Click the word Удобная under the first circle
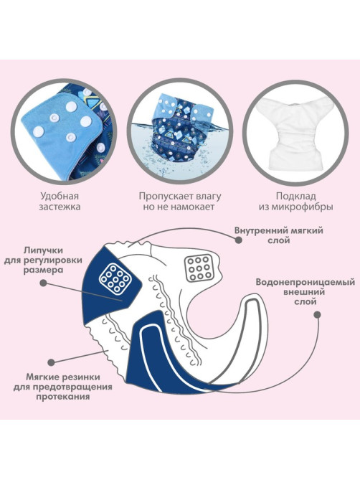(x=60, y=196)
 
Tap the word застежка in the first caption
(x=60, y=207)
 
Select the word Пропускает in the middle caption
(x=161, y=196)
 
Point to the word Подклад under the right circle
(x=295, y=196)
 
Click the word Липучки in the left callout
(x=43, y=250)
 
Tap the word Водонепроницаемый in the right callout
(x=305, y=282)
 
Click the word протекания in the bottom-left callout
(x=62, y=397)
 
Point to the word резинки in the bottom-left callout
(x=80, y=377)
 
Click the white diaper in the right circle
(x=296, y=131)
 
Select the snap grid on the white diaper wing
(x=199, y=269)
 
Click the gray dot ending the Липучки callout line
(x=44, y=283)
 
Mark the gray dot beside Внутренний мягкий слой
(x=239, y=240)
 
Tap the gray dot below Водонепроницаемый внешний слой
(x=318, y=314)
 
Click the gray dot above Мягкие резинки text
(x=52, y=362)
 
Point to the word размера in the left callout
(x=44, y=271)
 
